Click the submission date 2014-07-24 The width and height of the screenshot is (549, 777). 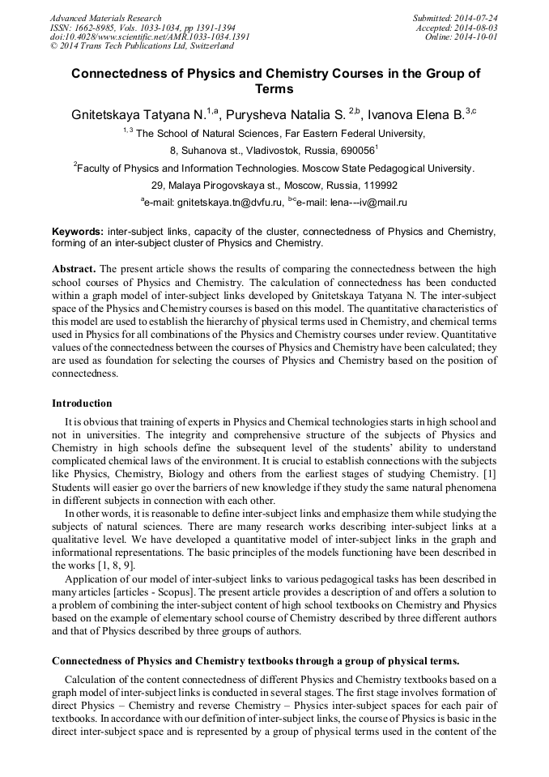click(475, 18)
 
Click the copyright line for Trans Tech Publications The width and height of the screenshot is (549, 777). click(141, 46)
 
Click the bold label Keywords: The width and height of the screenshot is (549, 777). click(78, 232)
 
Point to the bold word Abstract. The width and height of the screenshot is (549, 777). click(74, 268)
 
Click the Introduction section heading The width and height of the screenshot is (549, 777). click(82, 403)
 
